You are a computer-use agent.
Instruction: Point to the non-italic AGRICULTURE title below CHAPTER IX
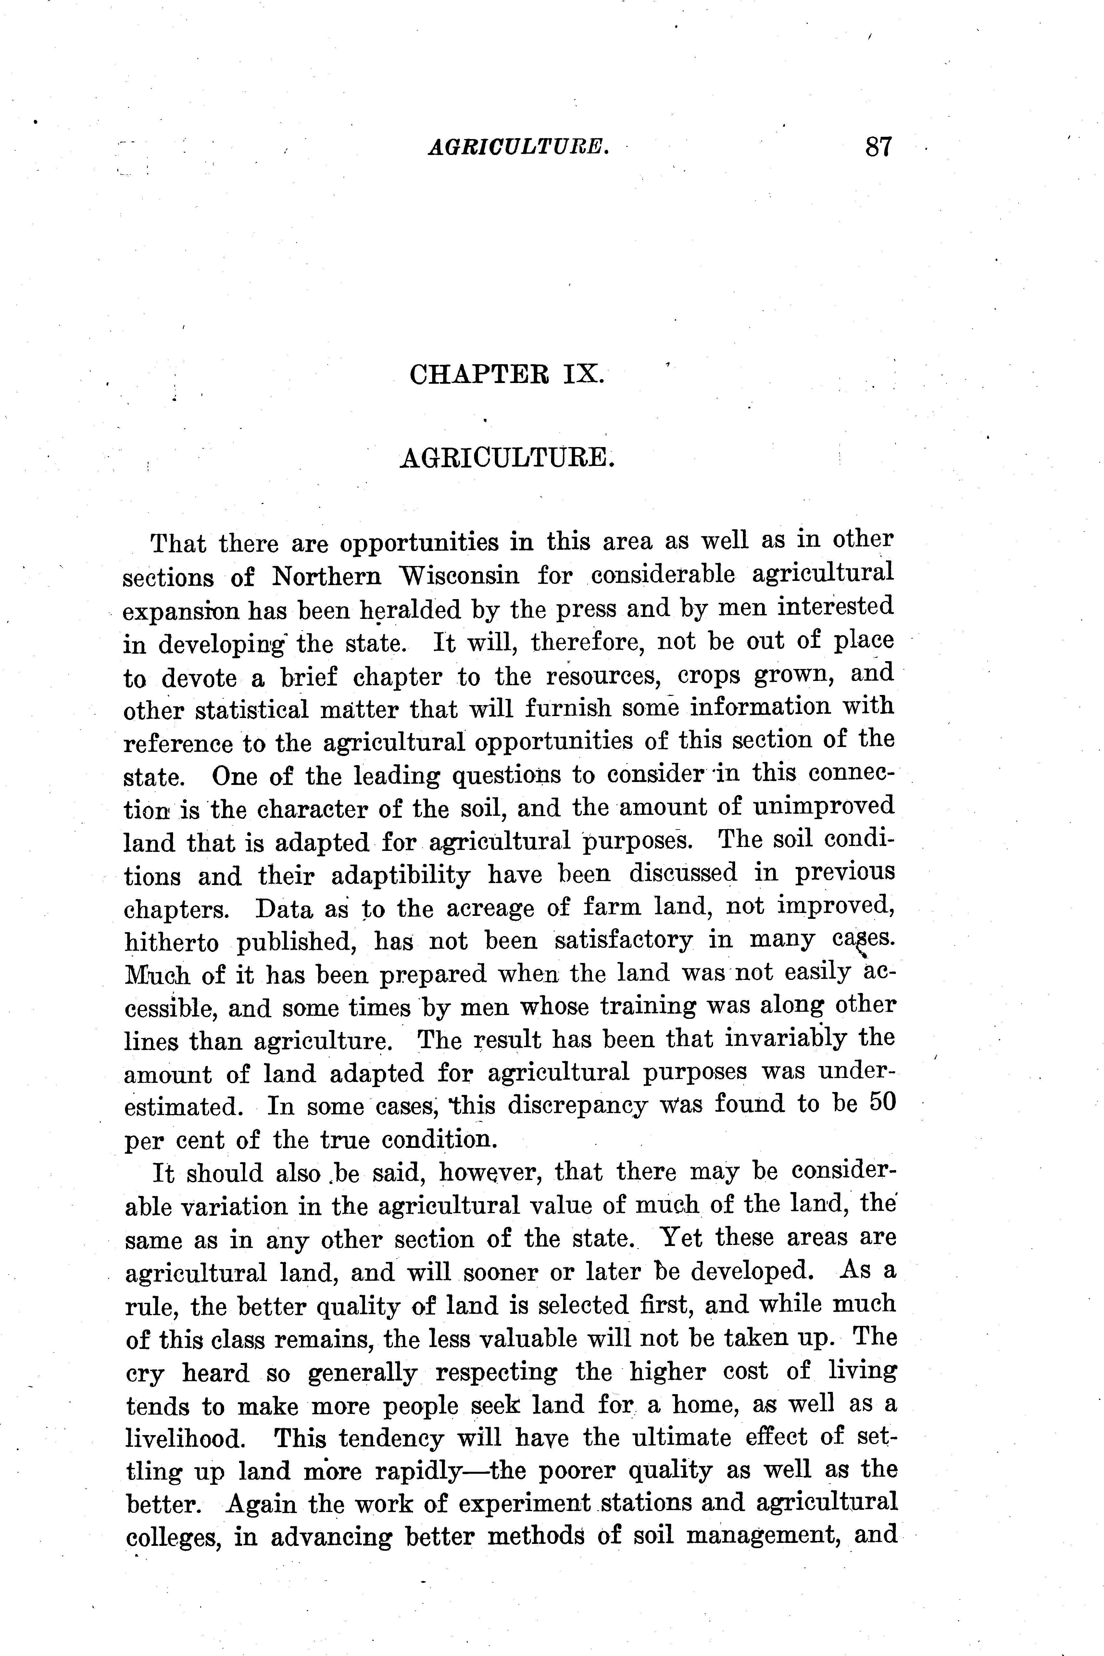(507, 458)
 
